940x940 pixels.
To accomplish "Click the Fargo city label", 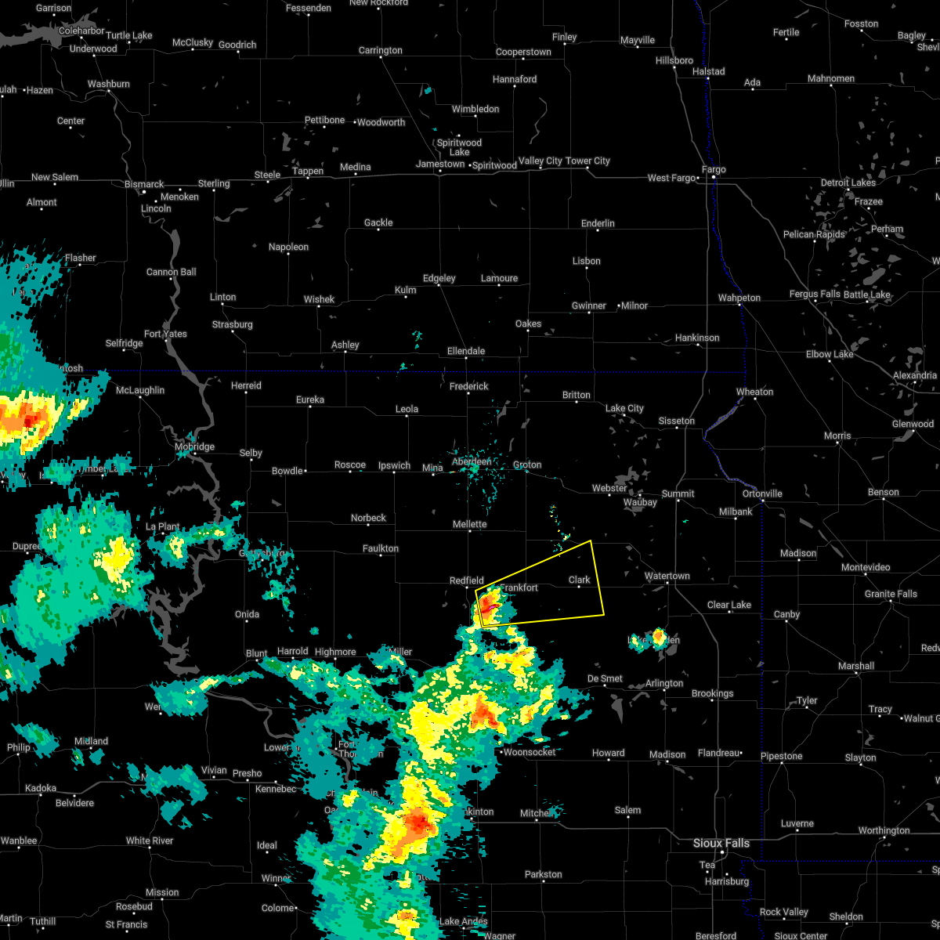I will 714,170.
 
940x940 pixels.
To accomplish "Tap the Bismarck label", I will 144,185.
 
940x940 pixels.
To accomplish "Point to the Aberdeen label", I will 472,462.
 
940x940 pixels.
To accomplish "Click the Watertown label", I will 667,577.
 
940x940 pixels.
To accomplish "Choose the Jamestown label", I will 440,164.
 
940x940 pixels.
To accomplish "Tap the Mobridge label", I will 194,447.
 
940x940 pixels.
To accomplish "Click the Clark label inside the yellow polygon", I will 580,580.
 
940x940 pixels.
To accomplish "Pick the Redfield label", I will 467,581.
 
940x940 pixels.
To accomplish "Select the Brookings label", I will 712,694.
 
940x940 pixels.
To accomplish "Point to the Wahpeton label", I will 739,298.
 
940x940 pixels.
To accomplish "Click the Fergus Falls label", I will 815,295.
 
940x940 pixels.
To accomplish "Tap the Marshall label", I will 855,667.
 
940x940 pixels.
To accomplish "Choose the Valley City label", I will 540,161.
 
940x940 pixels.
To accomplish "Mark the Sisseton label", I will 676,421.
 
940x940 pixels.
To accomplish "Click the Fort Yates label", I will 165,334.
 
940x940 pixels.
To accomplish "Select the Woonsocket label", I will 530,752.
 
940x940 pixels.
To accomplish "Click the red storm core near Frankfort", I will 487,604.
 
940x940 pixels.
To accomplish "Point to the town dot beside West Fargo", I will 698,179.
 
